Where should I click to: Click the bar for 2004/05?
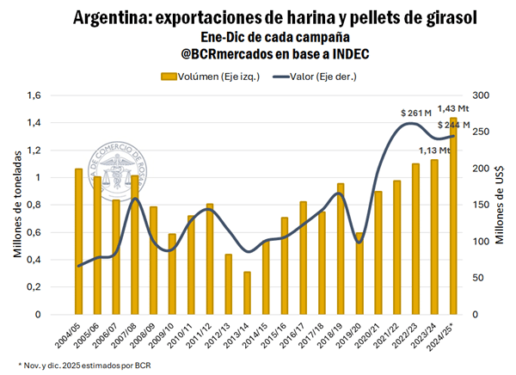pos(78,242)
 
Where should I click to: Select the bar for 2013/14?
pos(247,293)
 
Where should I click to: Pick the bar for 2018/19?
pos(341,249)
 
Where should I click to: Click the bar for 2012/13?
pos(228,284)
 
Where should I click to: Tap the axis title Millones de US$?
pos(501,205)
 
